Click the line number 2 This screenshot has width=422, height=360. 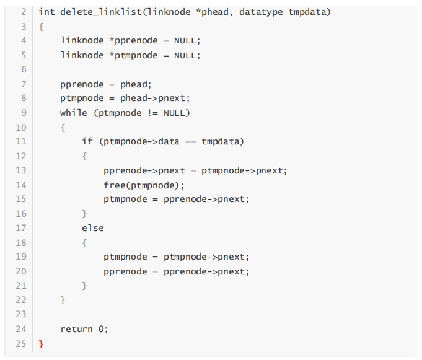(x=23, y=12)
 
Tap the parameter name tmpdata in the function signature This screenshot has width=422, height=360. (x=309, y=12)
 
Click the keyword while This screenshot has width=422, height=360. (x=73, y=113)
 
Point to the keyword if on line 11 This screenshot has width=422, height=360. (x=87, y=141)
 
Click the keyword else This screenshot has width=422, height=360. (x=93, y=228)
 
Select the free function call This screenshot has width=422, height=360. (x=115, y=185)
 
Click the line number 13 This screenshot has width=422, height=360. (x=20, y=170)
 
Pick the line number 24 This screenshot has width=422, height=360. (x=20, y=329)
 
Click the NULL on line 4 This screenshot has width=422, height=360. (x=187, y=40)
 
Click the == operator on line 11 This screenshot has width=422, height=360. (x=190, y=141)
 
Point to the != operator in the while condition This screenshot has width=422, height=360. (x=153, y=113)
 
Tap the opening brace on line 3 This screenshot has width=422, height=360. (x=41, y=27)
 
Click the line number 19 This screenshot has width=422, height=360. (x=20, y=257)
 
